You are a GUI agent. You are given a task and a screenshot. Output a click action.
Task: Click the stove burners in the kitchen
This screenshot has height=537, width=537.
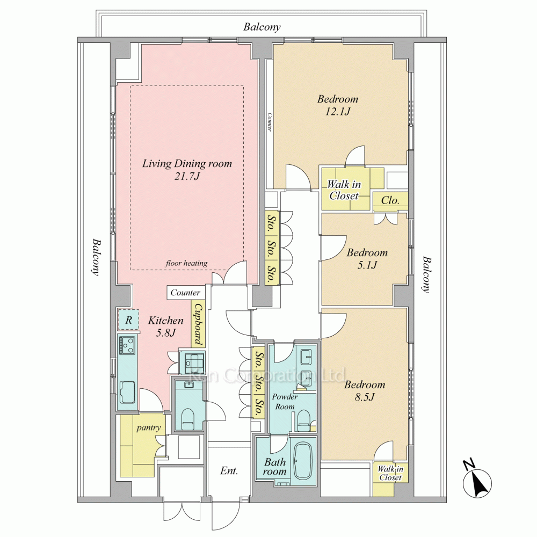pos(127,345)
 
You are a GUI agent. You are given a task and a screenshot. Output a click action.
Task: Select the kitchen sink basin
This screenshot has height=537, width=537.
pos(127,392)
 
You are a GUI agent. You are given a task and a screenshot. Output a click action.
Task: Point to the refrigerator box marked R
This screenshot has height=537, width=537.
pos(128,320)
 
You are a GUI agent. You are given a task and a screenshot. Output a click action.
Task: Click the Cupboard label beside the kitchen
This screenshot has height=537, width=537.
pos(198,324)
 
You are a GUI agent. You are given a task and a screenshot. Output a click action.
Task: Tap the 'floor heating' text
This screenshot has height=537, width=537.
pos(186,263)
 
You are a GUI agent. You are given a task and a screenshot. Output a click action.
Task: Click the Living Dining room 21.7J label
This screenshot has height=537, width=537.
pos(187,170)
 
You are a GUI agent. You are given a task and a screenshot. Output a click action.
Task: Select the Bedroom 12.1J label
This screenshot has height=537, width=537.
pos(338,105)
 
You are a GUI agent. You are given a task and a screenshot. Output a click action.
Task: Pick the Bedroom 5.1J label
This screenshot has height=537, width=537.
pos(367,259)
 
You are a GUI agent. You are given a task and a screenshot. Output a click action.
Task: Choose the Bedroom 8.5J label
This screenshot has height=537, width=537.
pos(365,391)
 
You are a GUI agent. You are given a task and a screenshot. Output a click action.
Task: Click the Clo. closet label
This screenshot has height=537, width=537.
pos(390,200)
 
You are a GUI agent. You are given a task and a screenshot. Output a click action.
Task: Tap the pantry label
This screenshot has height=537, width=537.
pos(148,428)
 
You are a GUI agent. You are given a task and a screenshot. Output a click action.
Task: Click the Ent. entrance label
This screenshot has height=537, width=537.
pos(229,471)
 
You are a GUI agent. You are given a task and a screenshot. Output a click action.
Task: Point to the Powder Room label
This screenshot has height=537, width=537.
pos(285,401)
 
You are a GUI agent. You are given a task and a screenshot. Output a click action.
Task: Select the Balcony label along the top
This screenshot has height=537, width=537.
pos(262,27)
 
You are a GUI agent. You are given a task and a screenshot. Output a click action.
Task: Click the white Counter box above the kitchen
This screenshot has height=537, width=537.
pos(186,293)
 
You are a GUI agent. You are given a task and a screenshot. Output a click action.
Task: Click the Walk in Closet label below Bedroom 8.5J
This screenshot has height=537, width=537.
pos(390,473)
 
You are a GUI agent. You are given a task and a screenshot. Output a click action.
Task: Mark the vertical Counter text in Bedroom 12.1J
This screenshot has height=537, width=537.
pos(270,122)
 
